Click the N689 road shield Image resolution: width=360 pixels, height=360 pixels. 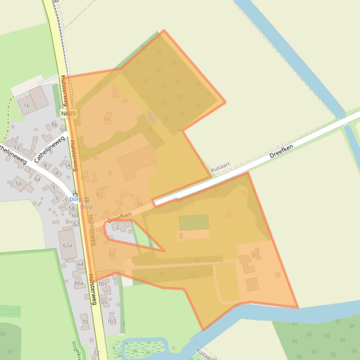[x=68, y=114]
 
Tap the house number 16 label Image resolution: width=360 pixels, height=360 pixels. [x=27, y=106]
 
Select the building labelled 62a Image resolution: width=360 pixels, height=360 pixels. [x=67, y=245]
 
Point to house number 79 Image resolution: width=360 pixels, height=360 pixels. [x=106, y=120]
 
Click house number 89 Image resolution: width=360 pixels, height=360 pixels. [x=140, y=205]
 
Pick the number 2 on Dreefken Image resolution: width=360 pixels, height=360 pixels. [x=118, y=227]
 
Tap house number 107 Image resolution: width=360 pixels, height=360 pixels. [x=111, y=321]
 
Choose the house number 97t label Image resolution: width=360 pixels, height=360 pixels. [x=121, y=272]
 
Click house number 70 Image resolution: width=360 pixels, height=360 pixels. [x=85, y=322]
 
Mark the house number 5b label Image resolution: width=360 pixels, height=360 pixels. [x=19, y=184]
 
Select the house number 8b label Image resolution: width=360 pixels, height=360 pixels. [x=54, y=124]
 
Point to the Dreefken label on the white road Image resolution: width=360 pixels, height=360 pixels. [x=281, y=153]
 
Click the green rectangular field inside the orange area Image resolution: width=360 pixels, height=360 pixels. [x=194, y=222]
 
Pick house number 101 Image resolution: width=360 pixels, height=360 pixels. [x=102, y=284]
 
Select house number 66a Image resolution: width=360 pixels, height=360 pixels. [x=79, y=283]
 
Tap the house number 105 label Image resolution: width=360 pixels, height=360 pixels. [x=103, y=302]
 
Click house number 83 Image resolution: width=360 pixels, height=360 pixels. [x=99, y=194]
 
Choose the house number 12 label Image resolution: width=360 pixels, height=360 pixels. [x=17, y=148]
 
